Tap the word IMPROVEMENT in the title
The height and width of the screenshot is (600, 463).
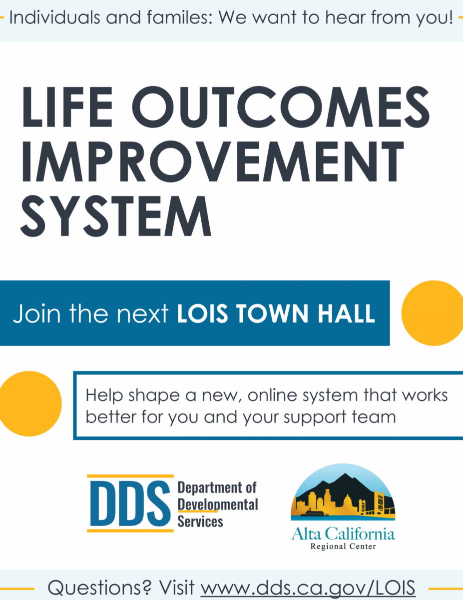coord(213,161)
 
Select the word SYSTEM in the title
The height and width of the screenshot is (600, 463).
coord(116,216)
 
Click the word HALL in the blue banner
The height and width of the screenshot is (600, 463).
coord(347,313)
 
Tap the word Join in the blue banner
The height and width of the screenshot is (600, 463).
coord(36,314)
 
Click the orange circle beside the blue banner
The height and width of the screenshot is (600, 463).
coord(433,313)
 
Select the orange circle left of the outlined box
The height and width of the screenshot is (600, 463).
coord(30,403)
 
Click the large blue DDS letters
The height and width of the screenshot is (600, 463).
coord(130,503)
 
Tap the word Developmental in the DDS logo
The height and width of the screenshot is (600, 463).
coord(218,504)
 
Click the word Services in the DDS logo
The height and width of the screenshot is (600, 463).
coord(200,521)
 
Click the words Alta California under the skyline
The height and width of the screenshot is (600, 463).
coord(343,533)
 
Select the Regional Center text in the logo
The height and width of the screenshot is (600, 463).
coord(343,546)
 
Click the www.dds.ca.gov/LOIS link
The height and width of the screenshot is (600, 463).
coord(308,587)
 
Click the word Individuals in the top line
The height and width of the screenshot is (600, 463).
coord(54,17)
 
